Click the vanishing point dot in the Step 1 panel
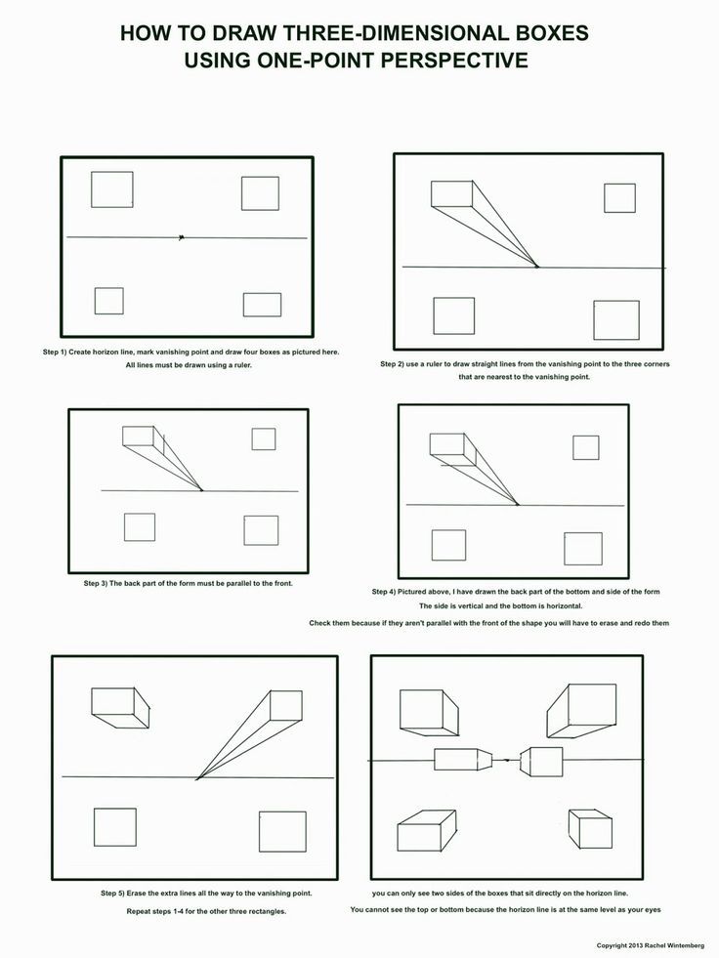(x=181, y=237)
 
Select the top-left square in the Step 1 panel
(x=112, y=189)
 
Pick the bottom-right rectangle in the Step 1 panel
(x=262, y=305)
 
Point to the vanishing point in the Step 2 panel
(x=536, y=267)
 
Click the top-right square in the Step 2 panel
(x=619, y=197)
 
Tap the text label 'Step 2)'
(x=397, y=364)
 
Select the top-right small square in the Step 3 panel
(x=263, y=439)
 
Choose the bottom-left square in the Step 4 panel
(x=448, y=545)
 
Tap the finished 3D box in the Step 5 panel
(x=118, y=707)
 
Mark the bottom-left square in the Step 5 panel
(x=114, y=827)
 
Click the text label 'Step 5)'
(x=117, y=894)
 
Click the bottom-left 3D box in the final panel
(x=427, y=832)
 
